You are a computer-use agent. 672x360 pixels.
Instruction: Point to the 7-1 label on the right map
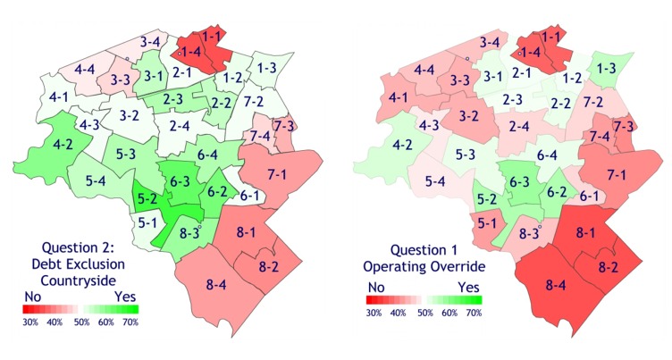(x=617, y=172)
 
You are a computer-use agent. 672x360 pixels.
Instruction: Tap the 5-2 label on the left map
(x=147, y=198)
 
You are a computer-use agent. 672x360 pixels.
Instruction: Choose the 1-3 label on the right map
(x=606, y=68)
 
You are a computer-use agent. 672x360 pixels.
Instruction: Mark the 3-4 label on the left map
(x=150, y=42)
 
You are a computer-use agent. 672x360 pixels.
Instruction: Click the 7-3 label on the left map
(x=285, y=123)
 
